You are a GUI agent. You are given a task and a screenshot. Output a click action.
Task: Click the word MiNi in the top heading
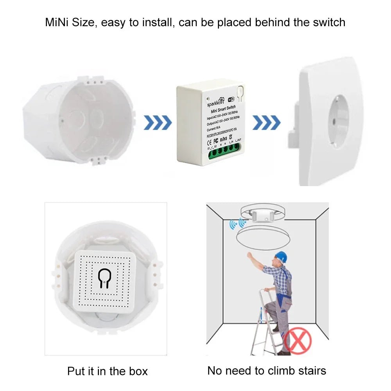pos(57,22)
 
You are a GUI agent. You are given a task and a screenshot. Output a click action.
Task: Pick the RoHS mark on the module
pos(223,139)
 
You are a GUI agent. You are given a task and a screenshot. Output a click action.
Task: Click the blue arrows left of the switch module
pos(158,123)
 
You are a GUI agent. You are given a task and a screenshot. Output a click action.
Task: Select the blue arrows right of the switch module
pos(266,123)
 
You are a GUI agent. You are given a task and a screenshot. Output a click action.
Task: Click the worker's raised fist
pos(249,255)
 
